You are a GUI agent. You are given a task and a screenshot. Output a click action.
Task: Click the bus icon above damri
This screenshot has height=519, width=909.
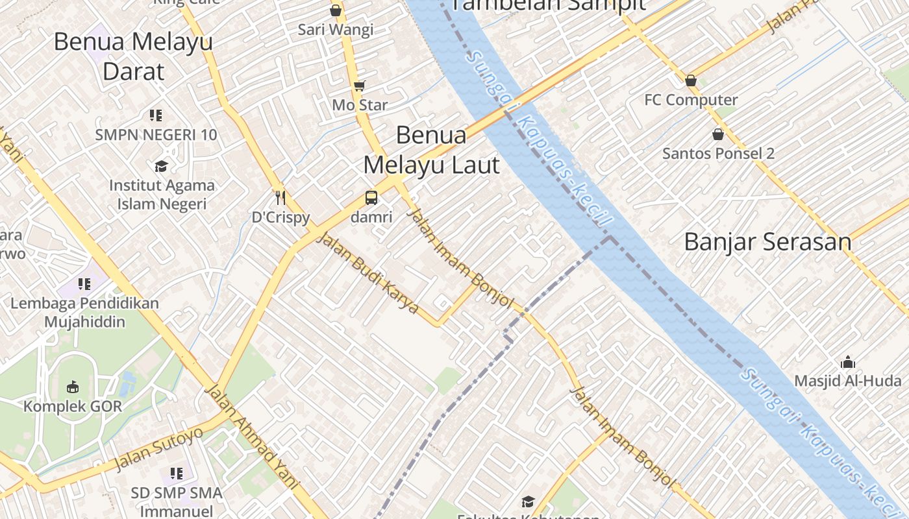[371, 198]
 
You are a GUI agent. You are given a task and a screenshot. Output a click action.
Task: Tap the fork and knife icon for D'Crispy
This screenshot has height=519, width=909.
[280, 197]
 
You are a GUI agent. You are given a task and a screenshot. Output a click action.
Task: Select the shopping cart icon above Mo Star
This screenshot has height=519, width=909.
[359, 86]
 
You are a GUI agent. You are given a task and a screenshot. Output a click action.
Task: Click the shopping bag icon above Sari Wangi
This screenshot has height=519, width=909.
[336, 10]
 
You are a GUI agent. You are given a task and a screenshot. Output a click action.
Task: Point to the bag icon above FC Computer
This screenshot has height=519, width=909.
[691, 80]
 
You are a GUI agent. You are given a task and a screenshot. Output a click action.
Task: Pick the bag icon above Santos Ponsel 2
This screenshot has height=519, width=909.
[718, 134]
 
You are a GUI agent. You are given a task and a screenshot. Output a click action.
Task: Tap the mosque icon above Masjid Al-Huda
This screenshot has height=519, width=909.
[847, 363]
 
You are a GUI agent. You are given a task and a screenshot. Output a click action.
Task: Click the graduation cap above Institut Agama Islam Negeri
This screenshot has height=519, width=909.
[161, 167]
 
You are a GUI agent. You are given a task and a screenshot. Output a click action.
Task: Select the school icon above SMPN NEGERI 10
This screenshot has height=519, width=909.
[155, 115]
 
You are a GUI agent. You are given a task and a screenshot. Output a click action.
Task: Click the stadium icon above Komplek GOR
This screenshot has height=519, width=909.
[73, 387]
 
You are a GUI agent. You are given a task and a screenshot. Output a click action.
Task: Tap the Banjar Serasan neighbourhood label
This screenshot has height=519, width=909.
[767, 242]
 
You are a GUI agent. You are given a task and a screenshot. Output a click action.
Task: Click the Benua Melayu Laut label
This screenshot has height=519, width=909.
[431, 150]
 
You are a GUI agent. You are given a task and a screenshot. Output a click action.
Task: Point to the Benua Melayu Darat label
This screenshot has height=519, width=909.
[133, 56]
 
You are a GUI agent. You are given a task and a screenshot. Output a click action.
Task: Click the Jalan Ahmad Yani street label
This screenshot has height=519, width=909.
[251, 436]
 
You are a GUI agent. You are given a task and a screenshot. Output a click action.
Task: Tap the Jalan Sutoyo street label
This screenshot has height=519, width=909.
[158, 449]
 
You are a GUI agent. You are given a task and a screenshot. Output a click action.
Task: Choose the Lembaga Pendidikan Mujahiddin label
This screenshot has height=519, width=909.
[84, 312]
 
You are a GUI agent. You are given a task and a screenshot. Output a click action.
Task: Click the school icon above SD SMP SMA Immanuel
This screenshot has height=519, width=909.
[176, 474]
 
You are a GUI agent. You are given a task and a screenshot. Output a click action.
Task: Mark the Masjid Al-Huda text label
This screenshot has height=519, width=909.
[848, 381]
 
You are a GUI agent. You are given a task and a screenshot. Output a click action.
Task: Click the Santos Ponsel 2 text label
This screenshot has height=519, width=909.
[718, 154]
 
